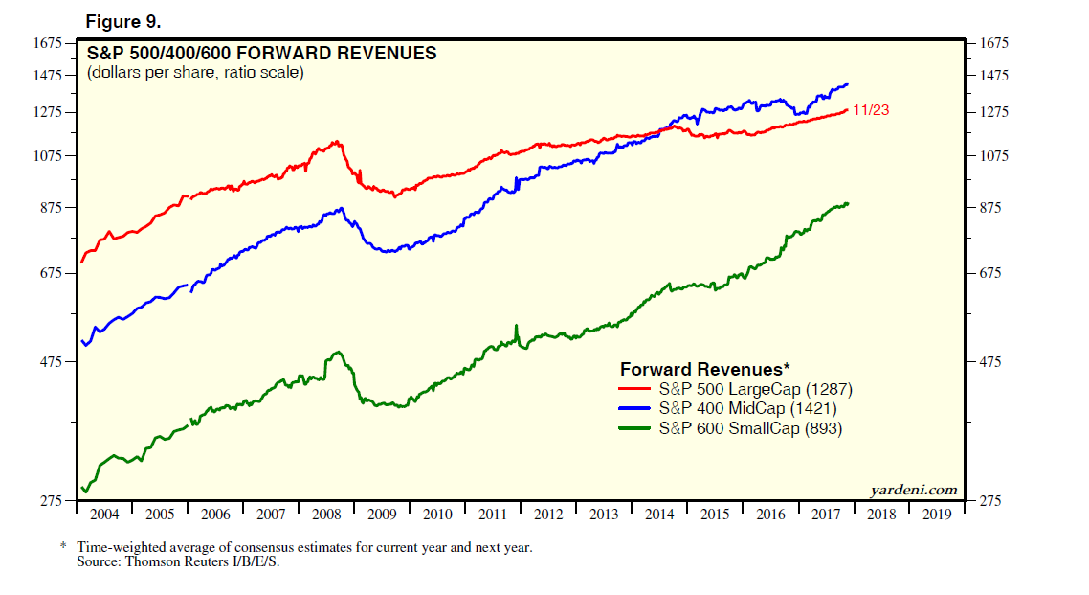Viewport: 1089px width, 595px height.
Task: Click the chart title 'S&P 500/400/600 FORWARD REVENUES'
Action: (x=261, y=54)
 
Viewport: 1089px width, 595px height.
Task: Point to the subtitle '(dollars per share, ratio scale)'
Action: (x=195, y=73)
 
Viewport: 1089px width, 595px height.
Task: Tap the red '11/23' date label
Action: (x=871, y=110)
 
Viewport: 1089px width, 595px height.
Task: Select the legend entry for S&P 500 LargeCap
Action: (x=755, y=390)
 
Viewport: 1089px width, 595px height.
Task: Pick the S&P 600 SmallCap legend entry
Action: (x=750, y=429)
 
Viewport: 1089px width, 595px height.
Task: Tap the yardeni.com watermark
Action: (x=913, y=490)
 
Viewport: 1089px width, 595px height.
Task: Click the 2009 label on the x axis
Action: (x=382, y=515)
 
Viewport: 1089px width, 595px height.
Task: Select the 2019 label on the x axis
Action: (x=937, y=515)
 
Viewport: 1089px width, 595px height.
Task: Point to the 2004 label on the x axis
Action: (x=104, y=515)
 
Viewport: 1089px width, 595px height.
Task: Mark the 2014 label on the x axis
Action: (x=659, y=515)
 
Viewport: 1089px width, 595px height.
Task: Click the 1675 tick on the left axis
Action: (x=47, y=43)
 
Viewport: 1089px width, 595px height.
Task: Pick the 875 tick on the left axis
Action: (x=50, y=208)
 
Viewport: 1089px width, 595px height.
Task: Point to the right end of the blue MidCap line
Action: (x=847, y=84)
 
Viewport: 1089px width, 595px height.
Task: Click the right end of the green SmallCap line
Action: (x=848, y=203)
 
